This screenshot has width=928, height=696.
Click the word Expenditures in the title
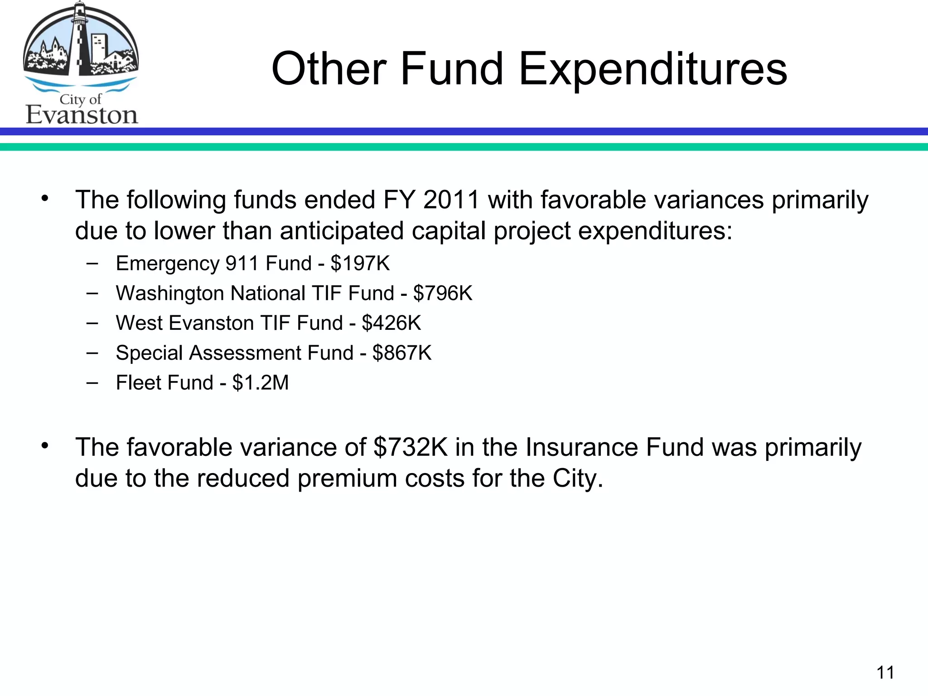point(652,69)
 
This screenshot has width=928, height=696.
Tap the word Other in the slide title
point(329,69)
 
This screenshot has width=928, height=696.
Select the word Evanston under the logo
point(82,116)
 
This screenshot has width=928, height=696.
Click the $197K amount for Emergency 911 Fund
point(360,263)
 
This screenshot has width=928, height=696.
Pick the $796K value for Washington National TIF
point(443,293)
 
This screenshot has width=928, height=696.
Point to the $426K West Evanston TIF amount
point(391,323)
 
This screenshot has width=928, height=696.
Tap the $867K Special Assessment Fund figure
point(402,353)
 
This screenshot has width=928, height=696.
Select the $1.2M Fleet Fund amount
point(261,383)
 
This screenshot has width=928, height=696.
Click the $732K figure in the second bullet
point(411,447)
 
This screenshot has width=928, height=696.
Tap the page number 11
point(885,672)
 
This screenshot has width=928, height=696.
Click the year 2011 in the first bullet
point(451,200)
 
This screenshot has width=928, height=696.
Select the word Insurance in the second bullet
point(582,447)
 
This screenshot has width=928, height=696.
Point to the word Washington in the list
point(170,293)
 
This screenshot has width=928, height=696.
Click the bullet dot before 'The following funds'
point(44,198)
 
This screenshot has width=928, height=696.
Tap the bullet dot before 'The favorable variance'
point(44,446)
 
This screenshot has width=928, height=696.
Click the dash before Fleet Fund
point(92,382)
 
